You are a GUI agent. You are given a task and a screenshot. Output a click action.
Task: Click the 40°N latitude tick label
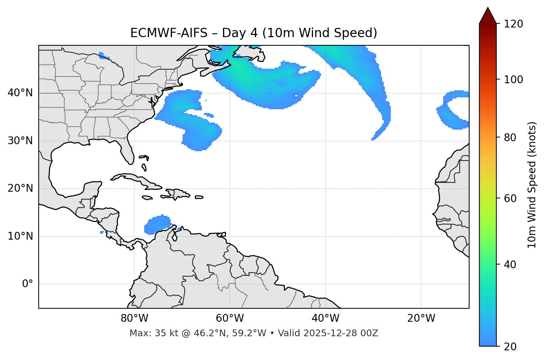(x=20, y=93)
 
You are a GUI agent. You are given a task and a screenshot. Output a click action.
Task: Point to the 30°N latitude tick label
(x=20, y=141)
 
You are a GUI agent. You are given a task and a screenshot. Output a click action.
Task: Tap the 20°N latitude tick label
(x=20, y=188)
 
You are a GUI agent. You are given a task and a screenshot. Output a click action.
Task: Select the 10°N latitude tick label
(x=20, y=236)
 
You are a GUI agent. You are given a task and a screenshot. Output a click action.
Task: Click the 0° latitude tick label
(x=27, y=284)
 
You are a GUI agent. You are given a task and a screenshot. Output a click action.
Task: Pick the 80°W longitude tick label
(x=134, y=318)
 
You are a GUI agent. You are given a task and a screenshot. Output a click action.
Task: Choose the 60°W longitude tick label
(x=230, y=318)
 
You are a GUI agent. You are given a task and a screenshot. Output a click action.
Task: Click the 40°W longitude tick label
(x=326, y=318)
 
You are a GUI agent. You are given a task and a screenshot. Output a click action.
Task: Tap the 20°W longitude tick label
(x=421, y=318)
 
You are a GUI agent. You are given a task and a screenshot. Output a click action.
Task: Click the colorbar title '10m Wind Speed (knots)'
(x=532, y=185)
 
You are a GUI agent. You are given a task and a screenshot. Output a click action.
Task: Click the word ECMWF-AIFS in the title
(x=169, y=33)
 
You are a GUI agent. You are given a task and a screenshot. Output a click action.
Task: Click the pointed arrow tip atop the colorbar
(x=488, y=9)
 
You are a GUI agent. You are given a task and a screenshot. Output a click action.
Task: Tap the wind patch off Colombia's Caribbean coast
(x=158, y=225)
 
